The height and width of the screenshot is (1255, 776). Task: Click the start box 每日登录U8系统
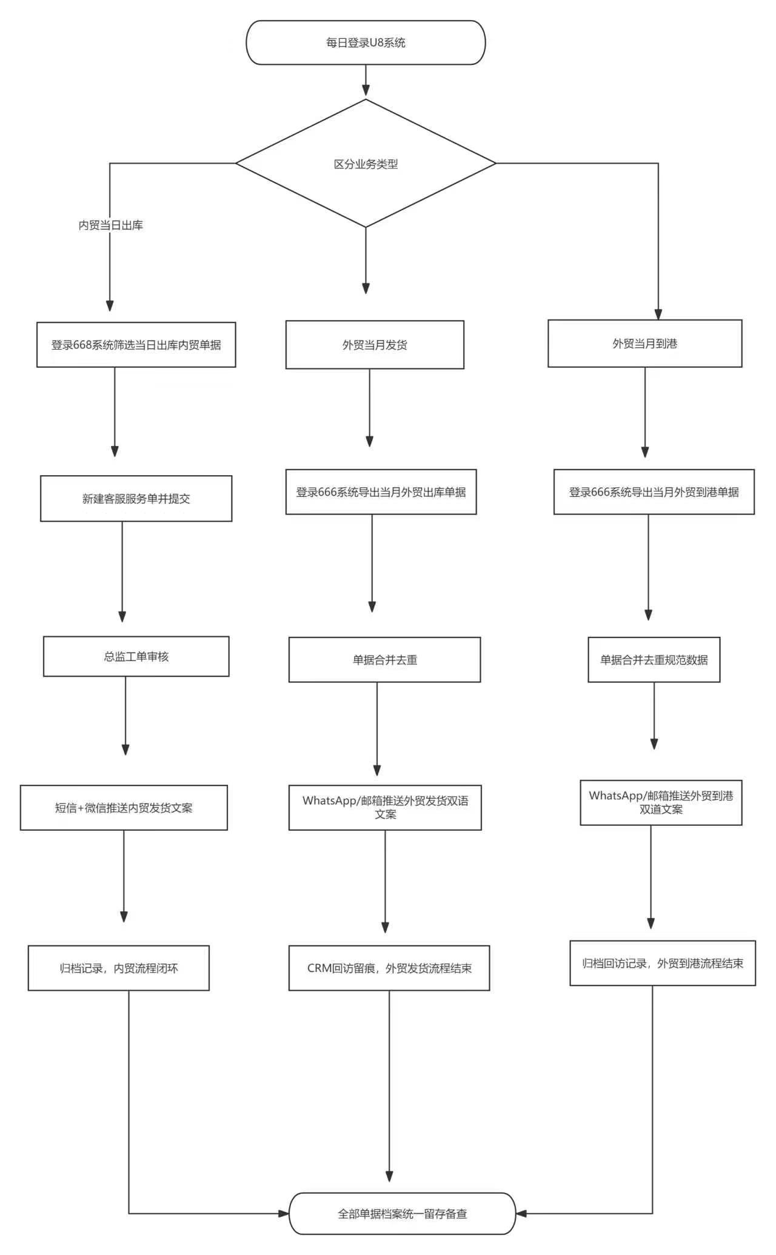coord(366,42)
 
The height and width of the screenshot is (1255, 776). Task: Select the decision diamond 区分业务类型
coord(366,164)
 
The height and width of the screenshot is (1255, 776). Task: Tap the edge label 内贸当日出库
coord(110,225)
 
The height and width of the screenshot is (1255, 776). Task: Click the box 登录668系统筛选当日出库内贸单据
coord(136,345)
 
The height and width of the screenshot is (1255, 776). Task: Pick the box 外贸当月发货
coord(375,345)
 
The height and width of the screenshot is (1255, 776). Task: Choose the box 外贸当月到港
coord(644,344)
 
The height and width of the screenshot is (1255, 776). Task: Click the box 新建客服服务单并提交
coord(136,499)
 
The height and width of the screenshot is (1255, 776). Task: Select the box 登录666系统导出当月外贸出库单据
coord(381,492)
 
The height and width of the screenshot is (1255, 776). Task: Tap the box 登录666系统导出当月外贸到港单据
coord(654,492)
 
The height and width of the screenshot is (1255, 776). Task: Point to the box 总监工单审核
coord(136,656)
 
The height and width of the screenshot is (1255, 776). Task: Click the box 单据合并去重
coord(384,660)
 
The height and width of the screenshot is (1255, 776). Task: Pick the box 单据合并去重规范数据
coord(654,660)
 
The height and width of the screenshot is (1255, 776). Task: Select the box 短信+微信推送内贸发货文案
coord(124,808)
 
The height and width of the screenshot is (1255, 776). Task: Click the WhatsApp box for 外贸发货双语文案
coord(385,807)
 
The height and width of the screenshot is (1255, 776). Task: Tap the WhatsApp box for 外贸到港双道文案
coord(661,802)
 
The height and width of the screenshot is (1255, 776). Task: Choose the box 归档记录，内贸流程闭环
coord(118,968)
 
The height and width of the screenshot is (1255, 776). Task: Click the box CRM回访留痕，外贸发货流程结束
coord(389,968)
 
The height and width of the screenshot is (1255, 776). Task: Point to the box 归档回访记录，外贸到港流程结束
coord(662,964)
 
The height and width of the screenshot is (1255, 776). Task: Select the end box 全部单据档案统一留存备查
coord(402,1214)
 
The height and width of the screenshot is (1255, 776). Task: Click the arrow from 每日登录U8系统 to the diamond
coord(366,81)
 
